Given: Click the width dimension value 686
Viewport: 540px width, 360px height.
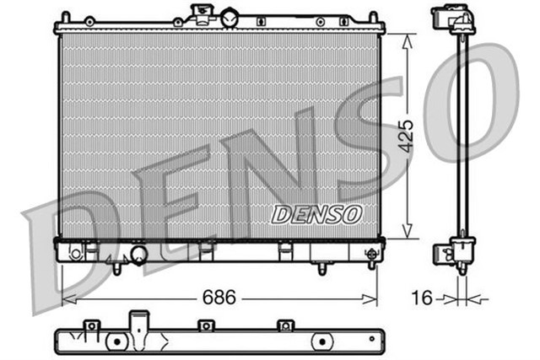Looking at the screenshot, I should [219, 298].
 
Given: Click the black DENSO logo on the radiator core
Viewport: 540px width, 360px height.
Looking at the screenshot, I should [317, 214].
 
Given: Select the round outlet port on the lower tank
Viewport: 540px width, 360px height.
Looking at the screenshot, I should [137, 255].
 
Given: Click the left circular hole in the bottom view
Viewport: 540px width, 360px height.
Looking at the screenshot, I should [116, 341].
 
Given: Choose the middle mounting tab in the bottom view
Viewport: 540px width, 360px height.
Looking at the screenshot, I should [203, 325].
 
